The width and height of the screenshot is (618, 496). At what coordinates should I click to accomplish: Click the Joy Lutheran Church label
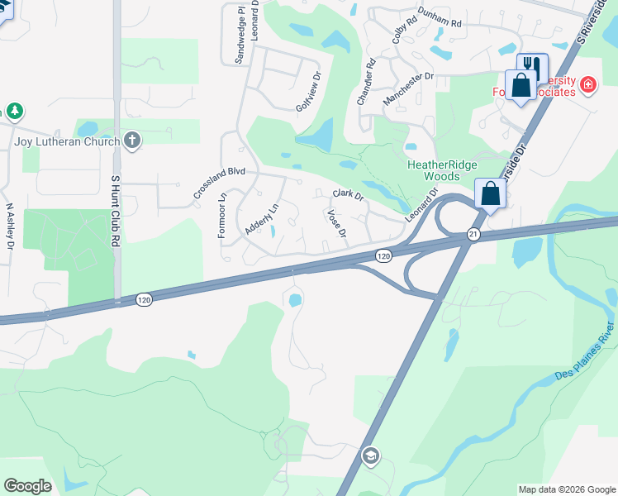point(67,141)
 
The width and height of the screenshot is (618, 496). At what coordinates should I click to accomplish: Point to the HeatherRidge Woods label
point(442,170)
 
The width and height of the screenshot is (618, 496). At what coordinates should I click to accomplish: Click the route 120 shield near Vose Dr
point(383,256)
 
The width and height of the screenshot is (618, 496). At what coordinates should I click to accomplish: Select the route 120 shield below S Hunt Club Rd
point(144,299)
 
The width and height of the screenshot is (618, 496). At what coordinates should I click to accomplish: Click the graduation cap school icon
point(371,455)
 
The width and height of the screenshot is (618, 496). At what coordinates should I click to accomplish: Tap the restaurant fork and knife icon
point(533,66)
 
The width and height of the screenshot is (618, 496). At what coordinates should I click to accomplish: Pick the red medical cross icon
point(587,84)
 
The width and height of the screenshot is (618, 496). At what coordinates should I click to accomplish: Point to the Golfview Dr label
point(307,98)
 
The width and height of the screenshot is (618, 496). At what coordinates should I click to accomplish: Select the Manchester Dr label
point(408,88)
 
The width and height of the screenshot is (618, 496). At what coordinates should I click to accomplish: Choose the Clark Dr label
point(348,194)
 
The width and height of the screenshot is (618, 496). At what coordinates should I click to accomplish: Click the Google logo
point(27,486)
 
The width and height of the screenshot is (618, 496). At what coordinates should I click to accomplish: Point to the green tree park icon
point(14,112)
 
